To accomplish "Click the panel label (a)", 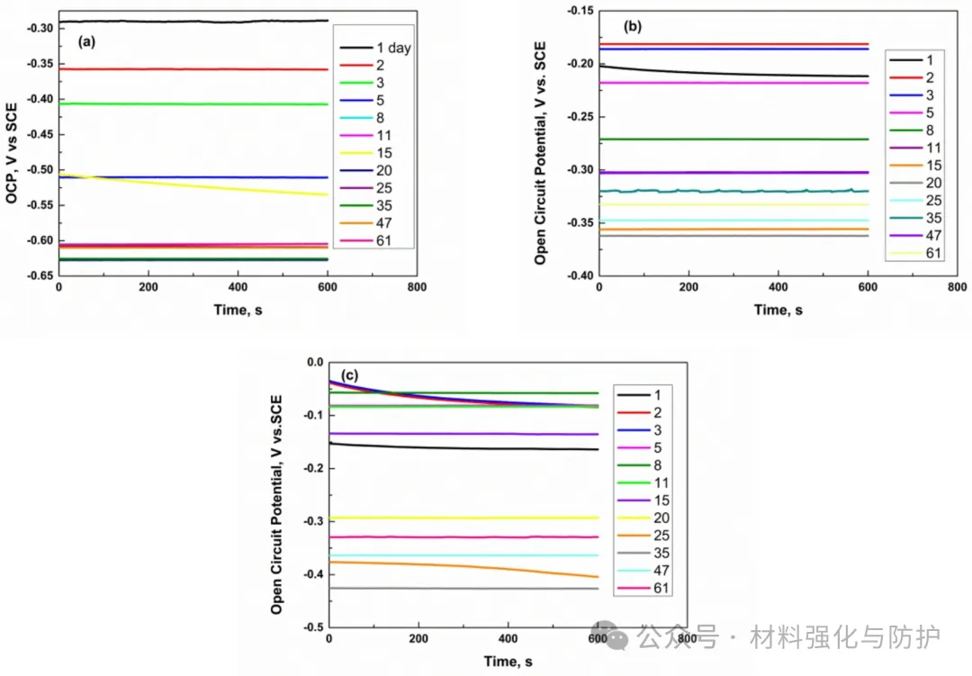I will [87, 41].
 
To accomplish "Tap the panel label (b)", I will [633, 26].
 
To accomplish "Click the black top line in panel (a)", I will [180, 21].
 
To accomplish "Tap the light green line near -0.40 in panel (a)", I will [180, 104].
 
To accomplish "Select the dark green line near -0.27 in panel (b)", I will [720, 140].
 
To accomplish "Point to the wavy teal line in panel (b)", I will [720, 191].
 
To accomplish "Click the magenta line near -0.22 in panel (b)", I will [720, 83].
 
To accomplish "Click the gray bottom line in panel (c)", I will [450, 589].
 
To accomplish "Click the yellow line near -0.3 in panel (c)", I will [450, 518].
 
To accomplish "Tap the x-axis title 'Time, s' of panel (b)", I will [778, 310].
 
